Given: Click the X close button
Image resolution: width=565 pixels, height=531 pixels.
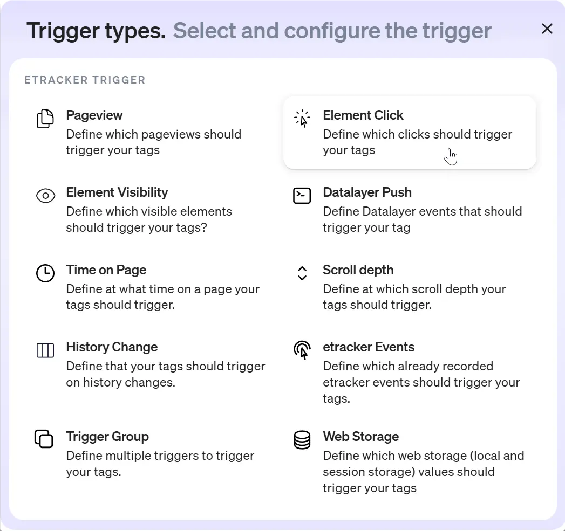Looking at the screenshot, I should pos(547,29).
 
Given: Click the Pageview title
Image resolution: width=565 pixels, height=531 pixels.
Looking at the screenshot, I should pos(94,115).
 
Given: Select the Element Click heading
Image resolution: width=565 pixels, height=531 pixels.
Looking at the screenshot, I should pos(363,115).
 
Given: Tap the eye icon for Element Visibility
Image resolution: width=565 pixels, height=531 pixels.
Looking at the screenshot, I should pos(45,196).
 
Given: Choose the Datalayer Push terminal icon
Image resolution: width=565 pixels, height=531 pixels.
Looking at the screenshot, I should pos(302,196).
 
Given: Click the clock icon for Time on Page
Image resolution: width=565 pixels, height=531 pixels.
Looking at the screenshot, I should pos(45,273).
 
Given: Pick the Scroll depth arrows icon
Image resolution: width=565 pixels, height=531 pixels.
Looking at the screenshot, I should pos(302,273).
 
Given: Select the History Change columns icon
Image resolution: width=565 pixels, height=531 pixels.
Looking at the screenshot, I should pos(45,350).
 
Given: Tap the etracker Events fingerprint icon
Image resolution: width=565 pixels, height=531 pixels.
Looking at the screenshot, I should pos(302,350).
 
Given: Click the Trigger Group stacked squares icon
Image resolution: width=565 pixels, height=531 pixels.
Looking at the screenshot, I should pos(44,438).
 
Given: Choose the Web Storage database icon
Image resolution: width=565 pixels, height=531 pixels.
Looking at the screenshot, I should pos(302,439).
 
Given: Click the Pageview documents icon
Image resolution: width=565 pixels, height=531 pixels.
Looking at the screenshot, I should pos(45,119).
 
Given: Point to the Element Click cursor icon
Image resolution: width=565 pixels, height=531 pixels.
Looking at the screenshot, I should pos(302,119).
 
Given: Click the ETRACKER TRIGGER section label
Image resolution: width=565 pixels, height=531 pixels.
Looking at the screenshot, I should pos(85,80).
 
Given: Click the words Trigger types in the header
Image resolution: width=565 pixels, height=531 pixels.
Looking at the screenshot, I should pos(96,31).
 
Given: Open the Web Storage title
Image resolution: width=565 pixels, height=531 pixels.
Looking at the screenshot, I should pos(360,437).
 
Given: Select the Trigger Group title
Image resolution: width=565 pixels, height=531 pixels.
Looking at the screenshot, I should pos(107,437).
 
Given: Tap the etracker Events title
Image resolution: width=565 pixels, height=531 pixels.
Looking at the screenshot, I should pos(368,347).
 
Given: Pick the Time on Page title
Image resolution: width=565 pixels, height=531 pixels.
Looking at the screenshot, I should pos(106,270).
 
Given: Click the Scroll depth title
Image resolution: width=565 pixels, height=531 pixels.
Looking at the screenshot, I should pos(358,270).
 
